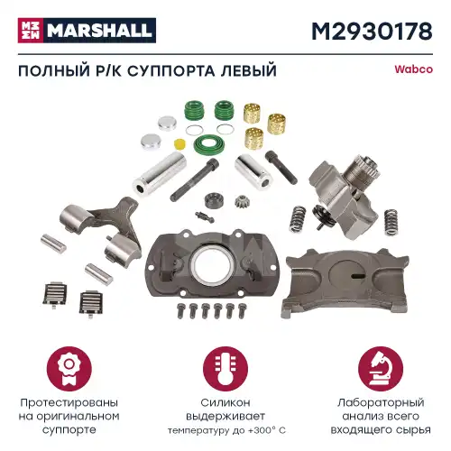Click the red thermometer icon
[225, 371]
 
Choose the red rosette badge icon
[75, 371]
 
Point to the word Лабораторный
[374, 404]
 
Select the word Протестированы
[75, 404]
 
